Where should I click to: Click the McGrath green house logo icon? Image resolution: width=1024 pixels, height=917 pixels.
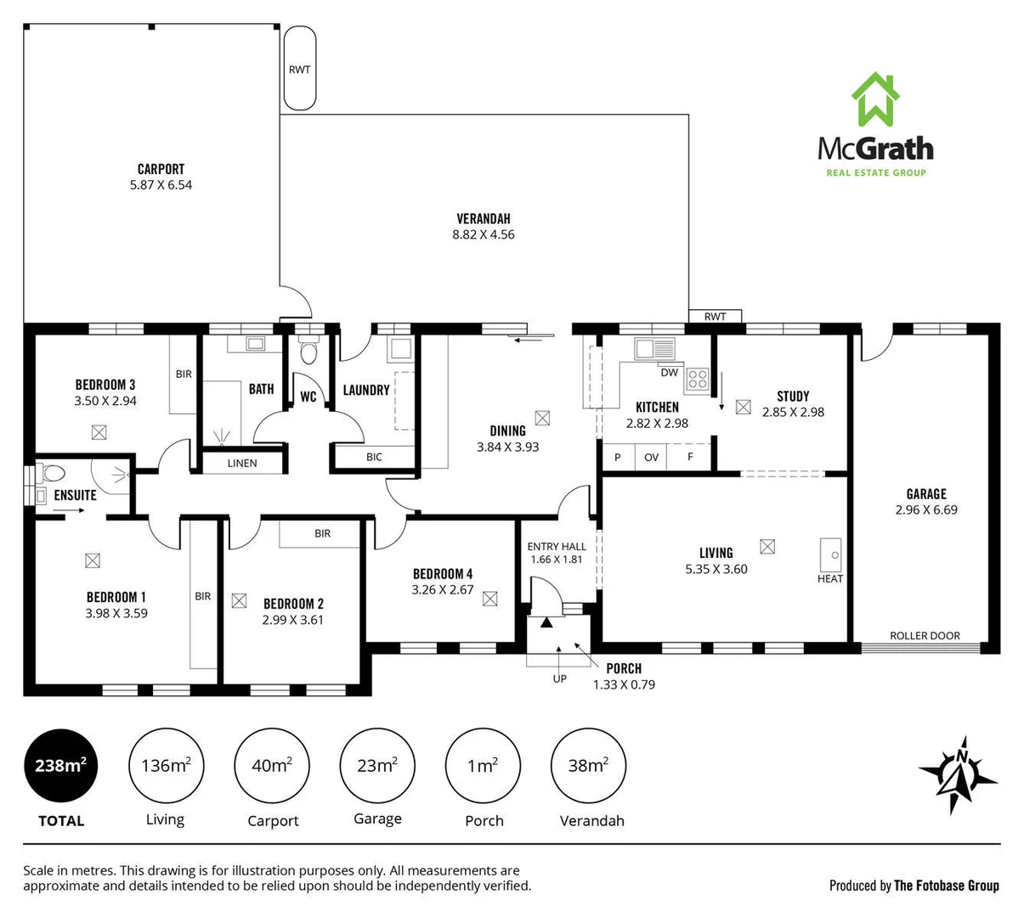(x=875, y=99)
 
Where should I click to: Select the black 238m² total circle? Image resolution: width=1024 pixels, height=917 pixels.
(x=60, y=765)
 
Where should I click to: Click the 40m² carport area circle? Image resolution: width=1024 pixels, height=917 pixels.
(x=272, y=765)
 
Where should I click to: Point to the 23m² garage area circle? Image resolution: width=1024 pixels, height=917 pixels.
(x=377, y=765)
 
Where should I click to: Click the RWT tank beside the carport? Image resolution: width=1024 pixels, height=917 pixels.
(x=300, y=69)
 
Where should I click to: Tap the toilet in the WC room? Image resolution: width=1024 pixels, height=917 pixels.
(x=308, y=350)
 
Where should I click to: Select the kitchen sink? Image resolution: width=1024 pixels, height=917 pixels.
(x=654, y=348)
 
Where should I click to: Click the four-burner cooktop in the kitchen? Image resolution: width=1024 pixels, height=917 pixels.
(x=698, y=379)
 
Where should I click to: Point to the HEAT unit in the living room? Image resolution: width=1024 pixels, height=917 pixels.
(x=830, y=555)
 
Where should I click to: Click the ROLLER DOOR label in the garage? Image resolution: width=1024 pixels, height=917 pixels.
(x=925, y=635)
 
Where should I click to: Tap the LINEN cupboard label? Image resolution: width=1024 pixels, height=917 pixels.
(x=242, y=464)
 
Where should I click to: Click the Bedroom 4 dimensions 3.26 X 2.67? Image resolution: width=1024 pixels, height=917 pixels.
(x=442, y=589)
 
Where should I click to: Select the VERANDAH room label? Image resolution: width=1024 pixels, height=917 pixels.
(x=483, y=218)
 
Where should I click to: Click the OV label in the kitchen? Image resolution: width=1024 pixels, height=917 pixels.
(x=652, y=457)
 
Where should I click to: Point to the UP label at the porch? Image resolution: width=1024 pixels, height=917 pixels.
(x=559, y=678)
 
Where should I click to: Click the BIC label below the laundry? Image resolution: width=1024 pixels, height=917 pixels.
(x=374, y=457)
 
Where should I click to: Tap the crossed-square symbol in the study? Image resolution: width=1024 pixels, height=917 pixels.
(x=744, y=407)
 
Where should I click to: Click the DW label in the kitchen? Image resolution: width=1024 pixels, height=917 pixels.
(x=669, y=373)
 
